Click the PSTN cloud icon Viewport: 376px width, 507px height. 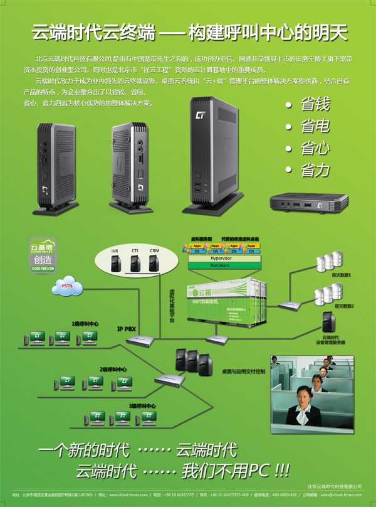[x=68, y=286]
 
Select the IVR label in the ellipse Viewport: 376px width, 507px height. [x=115, y=251]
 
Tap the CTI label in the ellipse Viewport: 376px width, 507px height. [x=134, y=251]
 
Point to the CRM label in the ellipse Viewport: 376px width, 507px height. [x=154, y=251]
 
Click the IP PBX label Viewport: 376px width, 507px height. [x=127, y=328]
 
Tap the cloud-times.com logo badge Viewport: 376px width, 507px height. [x=43, y=255]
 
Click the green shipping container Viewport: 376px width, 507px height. [x=226, y=301]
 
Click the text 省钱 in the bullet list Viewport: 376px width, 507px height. [x=315, y=104]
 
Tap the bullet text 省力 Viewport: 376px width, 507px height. [x=315, y=169]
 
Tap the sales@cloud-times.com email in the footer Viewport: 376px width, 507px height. [x=341, y=494]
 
